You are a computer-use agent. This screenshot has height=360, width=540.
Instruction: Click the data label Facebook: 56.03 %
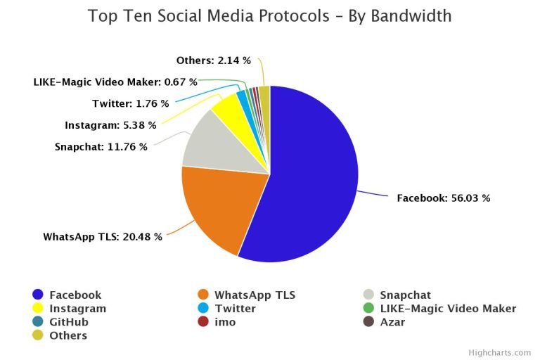(443, 198)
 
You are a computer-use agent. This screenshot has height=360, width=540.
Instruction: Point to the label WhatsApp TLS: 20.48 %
(103, 237)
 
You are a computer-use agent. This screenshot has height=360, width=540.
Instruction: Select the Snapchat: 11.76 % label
(101, 147)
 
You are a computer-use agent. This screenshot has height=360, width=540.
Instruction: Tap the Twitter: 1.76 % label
(130, 104)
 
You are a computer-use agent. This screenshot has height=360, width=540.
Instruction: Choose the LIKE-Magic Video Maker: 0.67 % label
(115, 82)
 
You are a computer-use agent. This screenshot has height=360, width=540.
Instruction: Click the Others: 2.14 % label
(213, 60)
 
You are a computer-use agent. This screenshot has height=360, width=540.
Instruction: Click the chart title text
(270, 16)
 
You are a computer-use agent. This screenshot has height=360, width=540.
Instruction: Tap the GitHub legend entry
(69, 322)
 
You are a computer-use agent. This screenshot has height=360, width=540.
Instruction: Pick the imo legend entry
(224, 322)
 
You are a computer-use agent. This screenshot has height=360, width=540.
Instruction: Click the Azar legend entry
(392, 322)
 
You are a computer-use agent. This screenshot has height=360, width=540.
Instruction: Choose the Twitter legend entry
(235, 309)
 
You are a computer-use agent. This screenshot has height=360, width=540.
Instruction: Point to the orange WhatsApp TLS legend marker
(203, 295)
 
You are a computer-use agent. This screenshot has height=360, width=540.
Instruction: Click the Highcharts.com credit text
(500, 352)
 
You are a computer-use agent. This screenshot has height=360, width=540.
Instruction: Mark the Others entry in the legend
(68, 335)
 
